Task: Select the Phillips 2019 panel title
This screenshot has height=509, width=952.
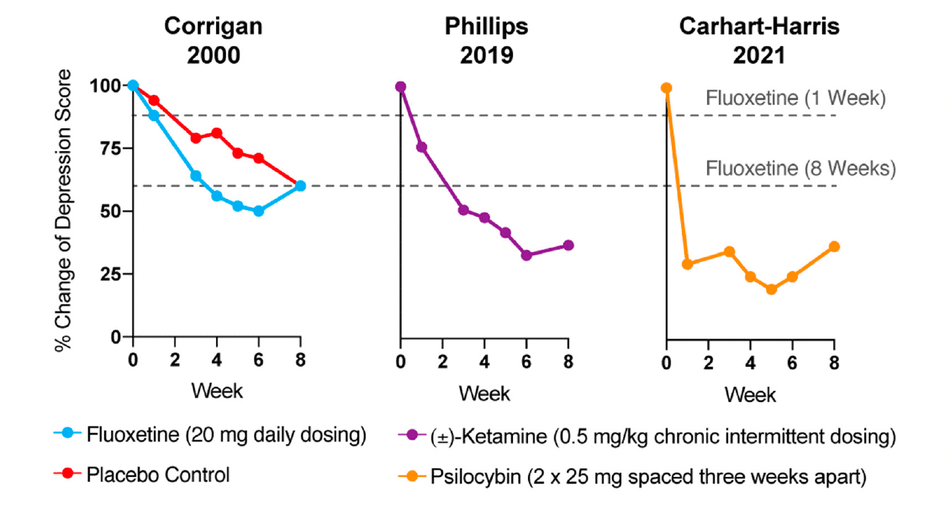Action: point(487,39)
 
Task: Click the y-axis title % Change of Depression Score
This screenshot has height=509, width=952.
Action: point(65,211)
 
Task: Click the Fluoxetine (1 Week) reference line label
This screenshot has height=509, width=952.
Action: point(795,99)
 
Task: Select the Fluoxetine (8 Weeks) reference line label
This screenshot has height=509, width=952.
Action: point(800,169)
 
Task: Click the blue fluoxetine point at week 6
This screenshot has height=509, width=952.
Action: point(258,211)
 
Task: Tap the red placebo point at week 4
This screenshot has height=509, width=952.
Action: point(217,133)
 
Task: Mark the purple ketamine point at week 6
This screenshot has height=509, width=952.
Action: point(527,255)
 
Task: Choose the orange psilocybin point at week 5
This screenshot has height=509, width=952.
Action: point(771,290)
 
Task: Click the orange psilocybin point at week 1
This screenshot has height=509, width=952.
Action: point(687,264)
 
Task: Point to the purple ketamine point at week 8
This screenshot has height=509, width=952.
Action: point(568,245)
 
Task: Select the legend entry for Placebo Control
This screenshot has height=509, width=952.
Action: point(158,475)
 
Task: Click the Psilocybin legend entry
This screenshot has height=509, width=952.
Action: point(643,478)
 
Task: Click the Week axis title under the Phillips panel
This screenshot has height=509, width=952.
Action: point(484,395)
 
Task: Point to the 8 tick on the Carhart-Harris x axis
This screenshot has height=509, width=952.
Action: point(835,360)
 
